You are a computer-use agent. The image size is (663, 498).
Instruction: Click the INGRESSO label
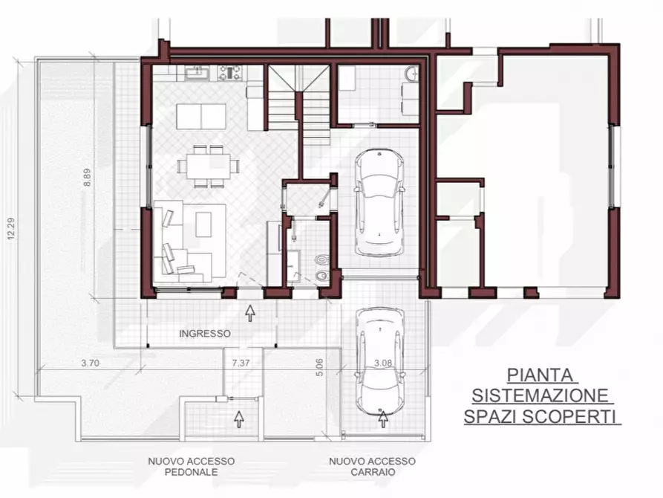click(x=204, y=334)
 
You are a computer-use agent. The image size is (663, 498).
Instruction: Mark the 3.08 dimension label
click(x=382, y=363)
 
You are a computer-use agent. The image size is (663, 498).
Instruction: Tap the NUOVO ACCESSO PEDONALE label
click(x=191, y=466)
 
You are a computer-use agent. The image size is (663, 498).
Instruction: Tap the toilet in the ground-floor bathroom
click(x=321, y=262)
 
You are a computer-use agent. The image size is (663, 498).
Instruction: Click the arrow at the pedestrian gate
click(x=238, y=418)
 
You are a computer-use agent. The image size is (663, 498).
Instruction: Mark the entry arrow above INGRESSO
click(x=250, y=313)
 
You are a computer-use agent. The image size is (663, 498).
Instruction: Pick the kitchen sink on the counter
click(x=199, y=72)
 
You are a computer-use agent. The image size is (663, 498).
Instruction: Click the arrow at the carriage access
click(x=384, y=419)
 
